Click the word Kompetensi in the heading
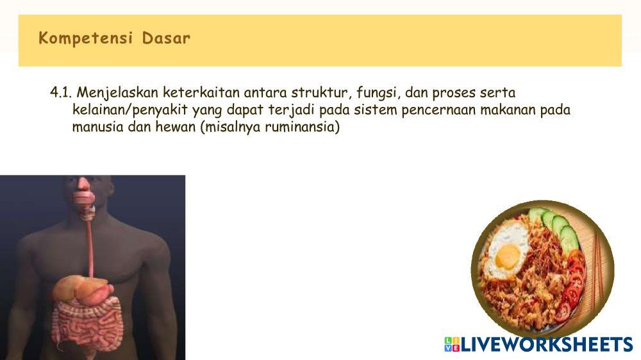click(85, 38)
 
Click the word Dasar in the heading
click(166, 38)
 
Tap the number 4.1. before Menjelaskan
click(61, 93)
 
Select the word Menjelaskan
click(117, 93)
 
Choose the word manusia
click(97, 127)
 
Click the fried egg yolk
click(507, 256)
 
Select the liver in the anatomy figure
click(76, 288)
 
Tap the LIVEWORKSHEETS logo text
click(547, 345)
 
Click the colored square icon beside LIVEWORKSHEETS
click(452, 345)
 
